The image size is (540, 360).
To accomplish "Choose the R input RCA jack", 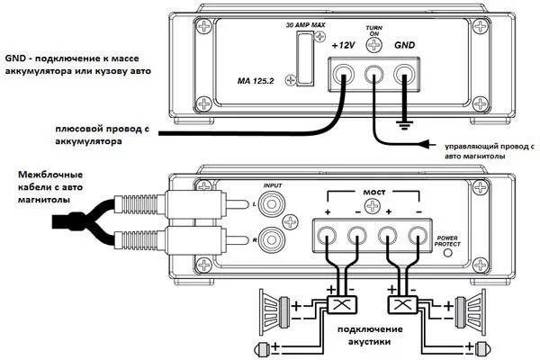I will click(274, 241).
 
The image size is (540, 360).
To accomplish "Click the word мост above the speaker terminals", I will click(373, 193).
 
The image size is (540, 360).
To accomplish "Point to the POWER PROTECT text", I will click(446, 238).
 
